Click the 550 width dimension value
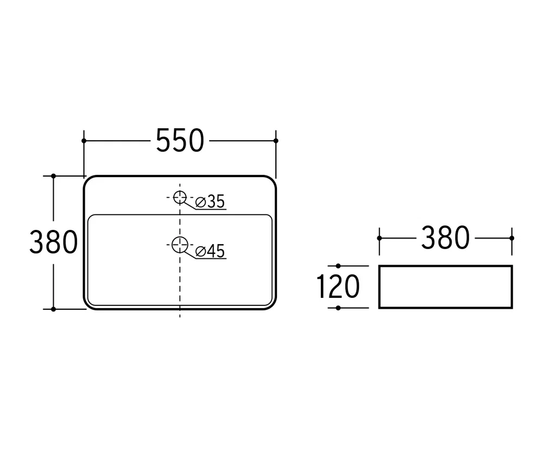[180, 140]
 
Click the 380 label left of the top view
[54, 242]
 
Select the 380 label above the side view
[445, 238]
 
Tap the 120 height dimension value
[338, 287]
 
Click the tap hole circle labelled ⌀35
[180, 197]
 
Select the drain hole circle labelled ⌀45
[180, 245]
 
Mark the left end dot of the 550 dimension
[84, 141]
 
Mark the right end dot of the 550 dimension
[276, 141]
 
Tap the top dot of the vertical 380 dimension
[53, 176]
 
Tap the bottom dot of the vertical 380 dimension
[53, 309]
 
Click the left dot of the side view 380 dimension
[379, 238]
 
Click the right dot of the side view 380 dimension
[512, 238]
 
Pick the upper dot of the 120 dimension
[338, 266]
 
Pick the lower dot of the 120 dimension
[338, 308]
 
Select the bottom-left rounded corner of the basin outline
[87, 305]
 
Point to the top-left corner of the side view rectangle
[380, 266]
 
